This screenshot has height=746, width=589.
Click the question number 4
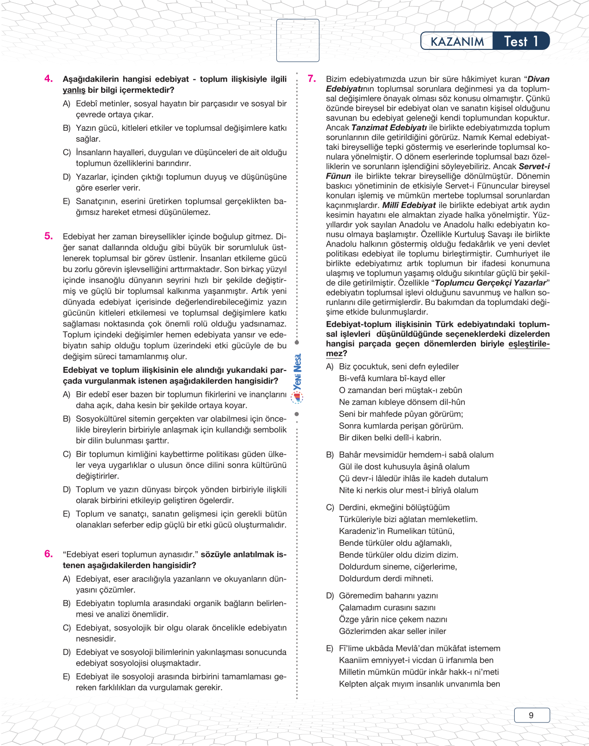[49, 79]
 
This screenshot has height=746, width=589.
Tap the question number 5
[49, 236]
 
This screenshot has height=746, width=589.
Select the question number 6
[49, 554]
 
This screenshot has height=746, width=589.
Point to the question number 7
[312, 79]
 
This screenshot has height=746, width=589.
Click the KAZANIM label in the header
[457, 42]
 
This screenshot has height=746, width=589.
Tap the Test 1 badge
[521, 42]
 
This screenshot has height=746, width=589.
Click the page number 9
[531, 715]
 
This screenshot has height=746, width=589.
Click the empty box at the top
[298, 40]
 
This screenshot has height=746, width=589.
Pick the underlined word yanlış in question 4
[74, 90]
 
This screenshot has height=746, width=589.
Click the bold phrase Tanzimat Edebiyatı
[389, 127]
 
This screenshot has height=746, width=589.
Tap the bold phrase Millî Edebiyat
[409, 205]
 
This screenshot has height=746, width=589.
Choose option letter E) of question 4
[67, 201]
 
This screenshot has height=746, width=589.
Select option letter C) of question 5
[67, 454]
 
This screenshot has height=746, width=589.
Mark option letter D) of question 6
[67, 652]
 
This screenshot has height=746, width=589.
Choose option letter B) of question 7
[330, 455]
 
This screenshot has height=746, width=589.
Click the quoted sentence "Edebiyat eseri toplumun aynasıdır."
[131, 554]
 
